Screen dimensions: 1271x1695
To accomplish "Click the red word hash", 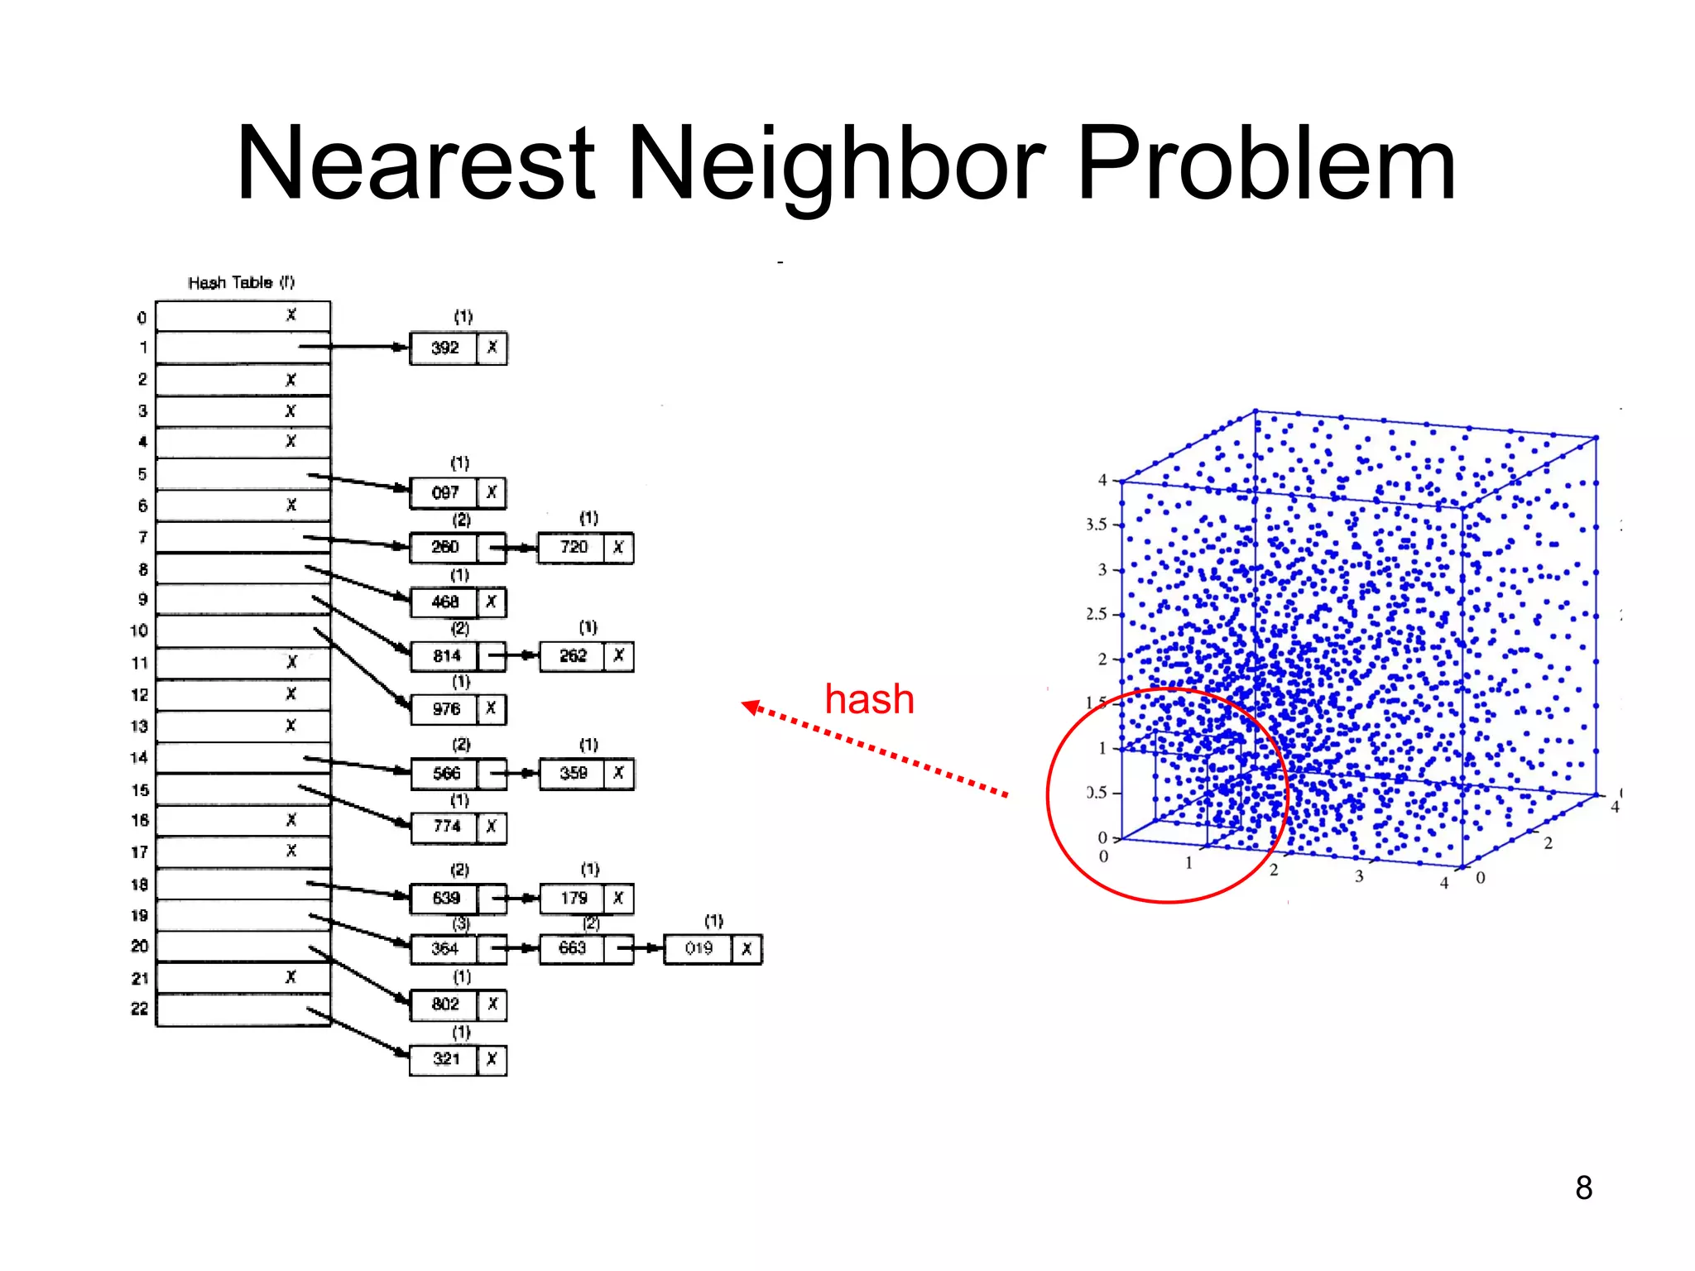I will tap(869, 699).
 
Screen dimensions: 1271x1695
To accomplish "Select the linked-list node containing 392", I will tap(444, 348).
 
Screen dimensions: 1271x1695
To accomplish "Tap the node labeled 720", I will tap(573, 548).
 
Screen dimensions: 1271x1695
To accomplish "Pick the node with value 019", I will tap(699, 948).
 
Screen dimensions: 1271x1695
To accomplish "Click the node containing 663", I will tap(572, 948).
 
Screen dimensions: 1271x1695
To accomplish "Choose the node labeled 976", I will tap(445, 709).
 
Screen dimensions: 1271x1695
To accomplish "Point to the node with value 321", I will tap(445, 1059).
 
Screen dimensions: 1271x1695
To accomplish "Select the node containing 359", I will tap(573, 774).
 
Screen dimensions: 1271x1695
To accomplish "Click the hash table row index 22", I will tap(140, 1009).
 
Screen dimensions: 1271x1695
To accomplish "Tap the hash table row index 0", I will tap(142, 318).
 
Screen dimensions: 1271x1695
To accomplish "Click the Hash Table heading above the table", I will tap(241, 283).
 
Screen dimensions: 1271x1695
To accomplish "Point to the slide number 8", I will tap(1583, 1187).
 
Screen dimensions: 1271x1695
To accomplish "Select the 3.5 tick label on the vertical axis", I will tap(1097, 525).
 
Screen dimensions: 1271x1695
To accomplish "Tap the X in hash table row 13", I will tap(291, 726).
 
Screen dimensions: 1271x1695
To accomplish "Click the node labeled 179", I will tap(573, 899).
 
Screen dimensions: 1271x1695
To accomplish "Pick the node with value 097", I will tap(444, 493).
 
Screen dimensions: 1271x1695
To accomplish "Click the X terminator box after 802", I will tap(492, 1005).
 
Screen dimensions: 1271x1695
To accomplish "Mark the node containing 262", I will tap(573, 656).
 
